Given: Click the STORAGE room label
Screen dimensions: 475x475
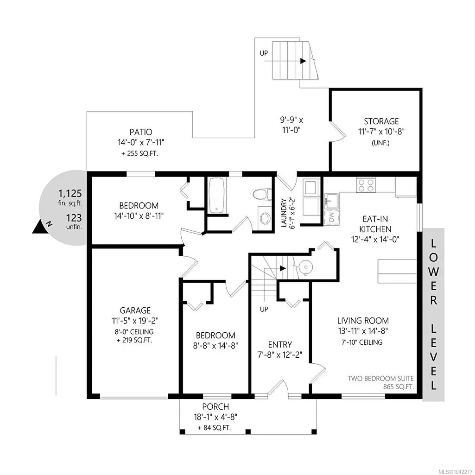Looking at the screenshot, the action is (381, 121).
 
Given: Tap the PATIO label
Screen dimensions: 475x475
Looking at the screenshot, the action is (141, 132).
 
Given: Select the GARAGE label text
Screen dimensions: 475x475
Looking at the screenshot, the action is (135, 310).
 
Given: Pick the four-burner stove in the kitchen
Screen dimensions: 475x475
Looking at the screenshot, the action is (366, 185).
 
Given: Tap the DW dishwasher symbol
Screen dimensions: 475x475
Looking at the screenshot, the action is (331, 217).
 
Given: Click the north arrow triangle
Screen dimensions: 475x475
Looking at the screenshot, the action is (40, 227).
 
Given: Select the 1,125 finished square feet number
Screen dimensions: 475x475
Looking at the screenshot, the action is (70, 193).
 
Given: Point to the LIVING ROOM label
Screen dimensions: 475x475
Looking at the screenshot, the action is (363, 321).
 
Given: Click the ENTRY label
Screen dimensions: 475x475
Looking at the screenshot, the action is (280, 344).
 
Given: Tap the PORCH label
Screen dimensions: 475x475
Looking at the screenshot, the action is (215, 406).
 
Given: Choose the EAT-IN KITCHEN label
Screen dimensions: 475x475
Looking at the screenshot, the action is (375, 224).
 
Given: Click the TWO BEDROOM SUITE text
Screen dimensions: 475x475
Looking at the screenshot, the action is (380, 378).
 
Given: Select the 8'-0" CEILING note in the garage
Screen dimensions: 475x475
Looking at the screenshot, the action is (134, 332).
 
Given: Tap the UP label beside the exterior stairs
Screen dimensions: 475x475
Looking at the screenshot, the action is (264, 53).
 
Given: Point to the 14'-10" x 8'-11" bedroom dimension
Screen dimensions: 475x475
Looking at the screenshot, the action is (139, 216).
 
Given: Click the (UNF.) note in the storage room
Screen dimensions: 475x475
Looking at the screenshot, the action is (380, 143).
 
